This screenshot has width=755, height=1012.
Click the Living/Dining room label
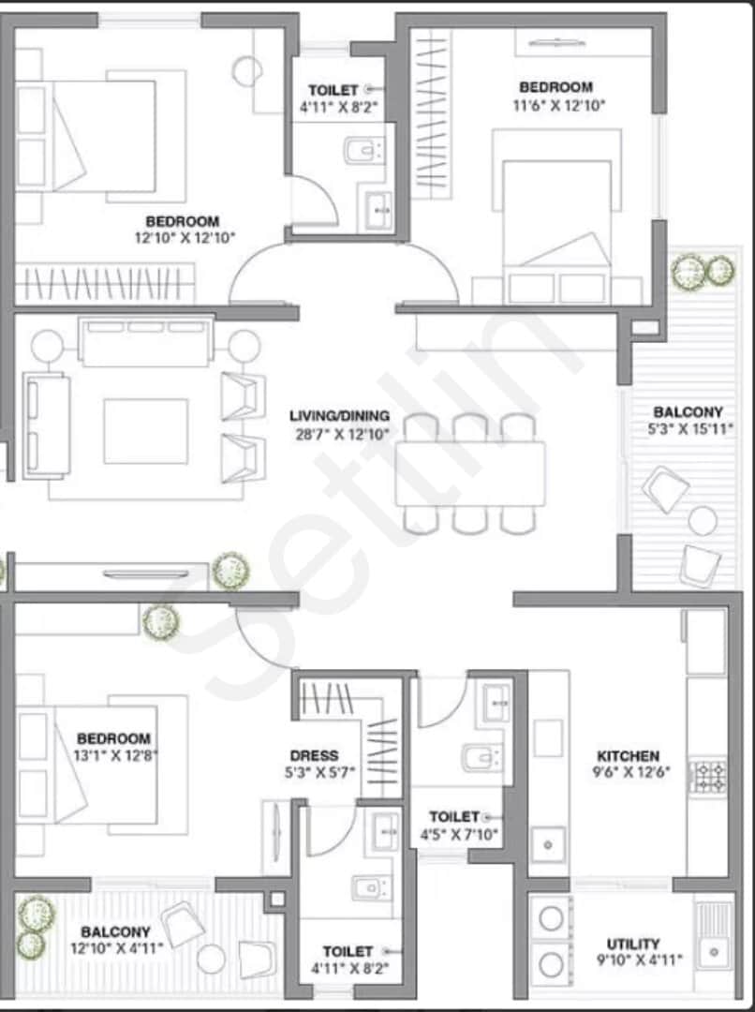[339, 416]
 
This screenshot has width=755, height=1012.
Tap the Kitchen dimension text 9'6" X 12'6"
[631, 771]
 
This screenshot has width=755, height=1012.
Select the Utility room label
[633, 945]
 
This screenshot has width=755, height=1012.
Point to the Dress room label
[314, 755]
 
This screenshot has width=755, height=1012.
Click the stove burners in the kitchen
[708, 777]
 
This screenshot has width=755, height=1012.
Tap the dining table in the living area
[470, 473]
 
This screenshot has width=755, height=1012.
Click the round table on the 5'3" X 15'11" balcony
[703, 520]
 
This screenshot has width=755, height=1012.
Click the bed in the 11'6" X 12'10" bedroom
[556, 216]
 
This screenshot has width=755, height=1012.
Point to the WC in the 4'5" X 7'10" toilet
[482, 758]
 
